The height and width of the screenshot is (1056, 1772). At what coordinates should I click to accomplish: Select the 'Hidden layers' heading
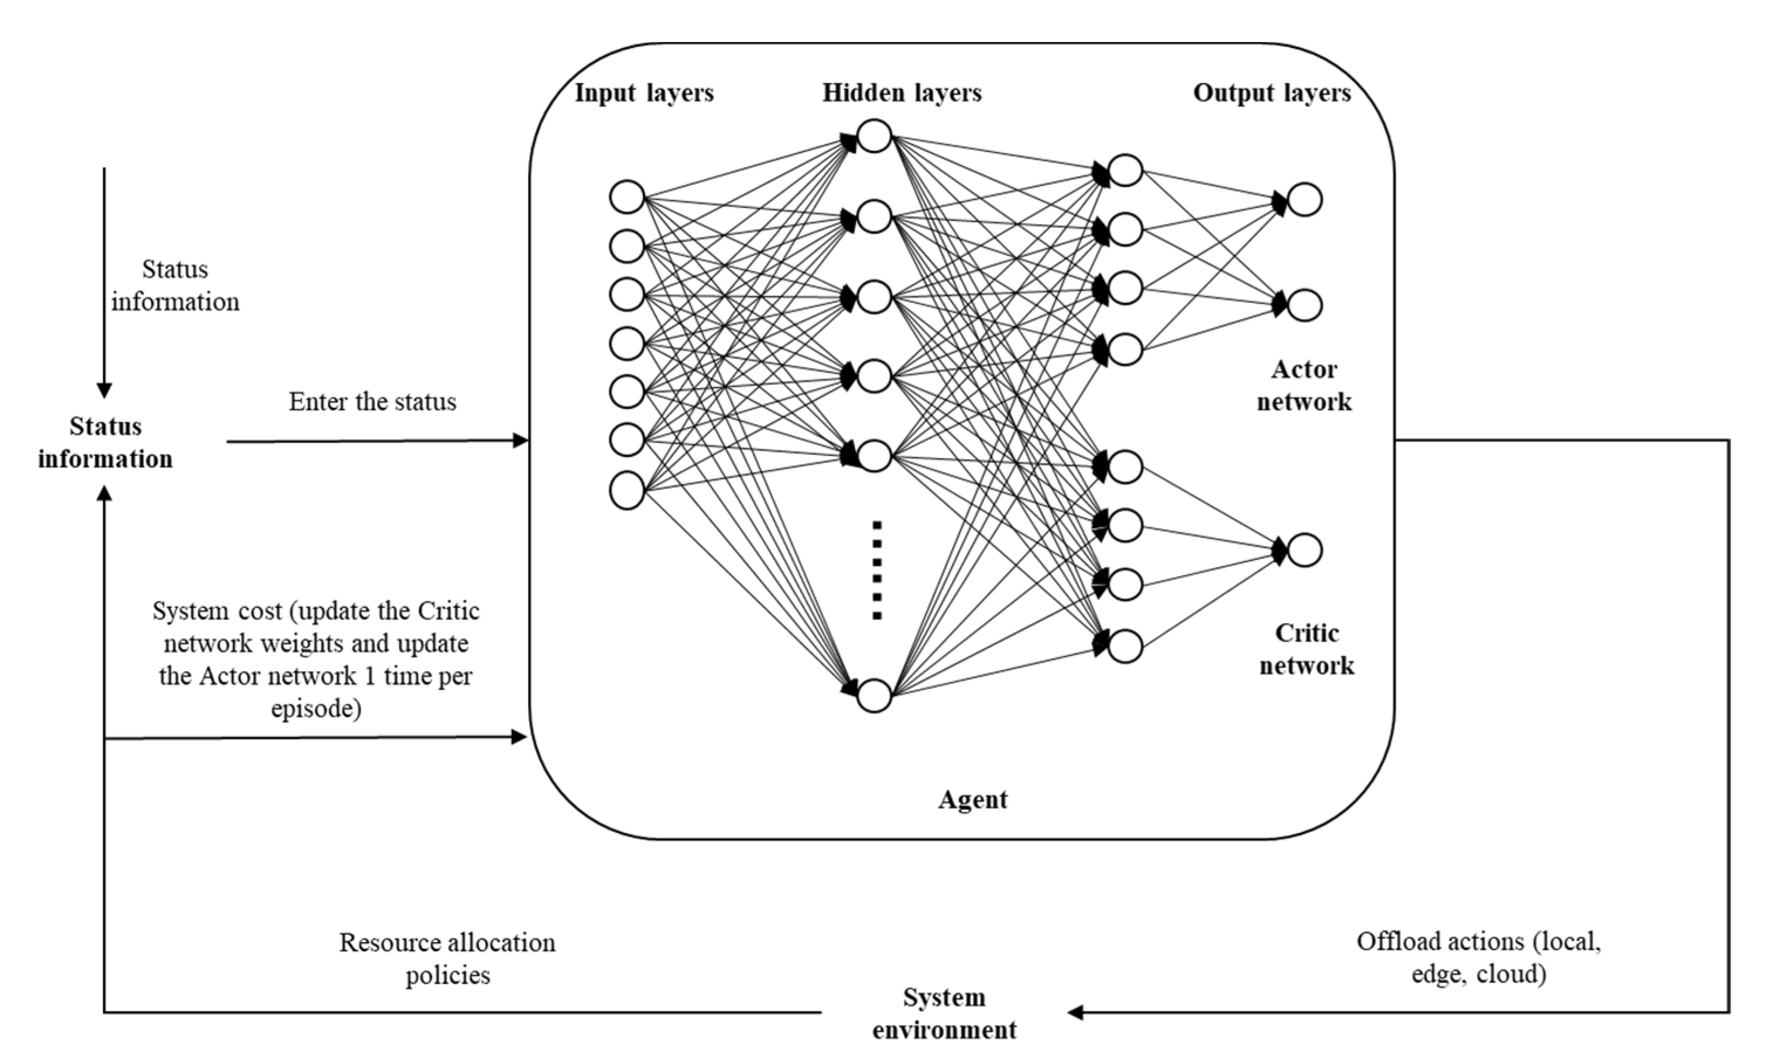click(902, 93)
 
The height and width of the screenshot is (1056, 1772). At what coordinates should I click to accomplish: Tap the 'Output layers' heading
click(1271, 93)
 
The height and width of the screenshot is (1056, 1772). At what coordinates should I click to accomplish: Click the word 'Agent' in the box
click(972, 800)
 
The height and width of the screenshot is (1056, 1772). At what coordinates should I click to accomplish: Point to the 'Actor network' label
click(1304, 386)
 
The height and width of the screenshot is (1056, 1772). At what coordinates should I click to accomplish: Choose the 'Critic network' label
click(1307, 649)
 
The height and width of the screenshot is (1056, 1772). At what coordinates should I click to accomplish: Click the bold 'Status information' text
click(105, 443)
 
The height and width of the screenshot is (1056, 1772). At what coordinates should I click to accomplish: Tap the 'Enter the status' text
click(372, 402)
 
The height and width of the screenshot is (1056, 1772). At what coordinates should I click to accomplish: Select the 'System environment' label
click(944, 1013)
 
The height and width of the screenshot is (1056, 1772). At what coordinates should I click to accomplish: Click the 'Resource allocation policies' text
click(447, 958)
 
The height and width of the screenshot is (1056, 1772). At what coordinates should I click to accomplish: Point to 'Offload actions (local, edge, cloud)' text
click(1478, 958)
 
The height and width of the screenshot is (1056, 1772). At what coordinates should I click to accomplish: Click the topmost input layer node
click(626, 197)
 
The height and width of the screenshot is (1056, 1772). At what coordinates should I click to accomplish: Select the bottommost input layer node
click(626, 491)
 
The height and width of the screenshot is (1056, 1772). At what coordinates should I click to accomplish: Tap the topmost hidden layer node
click(874, 136)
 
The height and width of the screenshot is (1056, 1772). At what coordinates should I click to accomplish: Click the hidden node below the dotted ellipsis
click(874, 695)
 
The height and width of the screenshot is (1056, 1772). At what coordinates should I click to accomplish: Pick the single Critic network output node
click(1304, 550)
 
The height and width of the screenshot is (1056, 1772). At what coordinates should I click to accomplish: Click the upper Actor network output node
click(1304, 199)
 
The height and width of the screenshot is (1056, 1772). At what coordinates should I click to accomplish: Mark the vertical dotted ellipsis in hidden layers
click(877, 570)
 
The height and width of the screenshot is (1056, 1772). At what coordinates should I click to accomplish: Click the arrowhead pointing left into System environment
click(1075, 1012)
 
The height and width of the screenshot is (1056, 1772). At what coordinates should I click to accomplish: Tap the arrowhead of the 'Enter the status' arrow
click(521, 441)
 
